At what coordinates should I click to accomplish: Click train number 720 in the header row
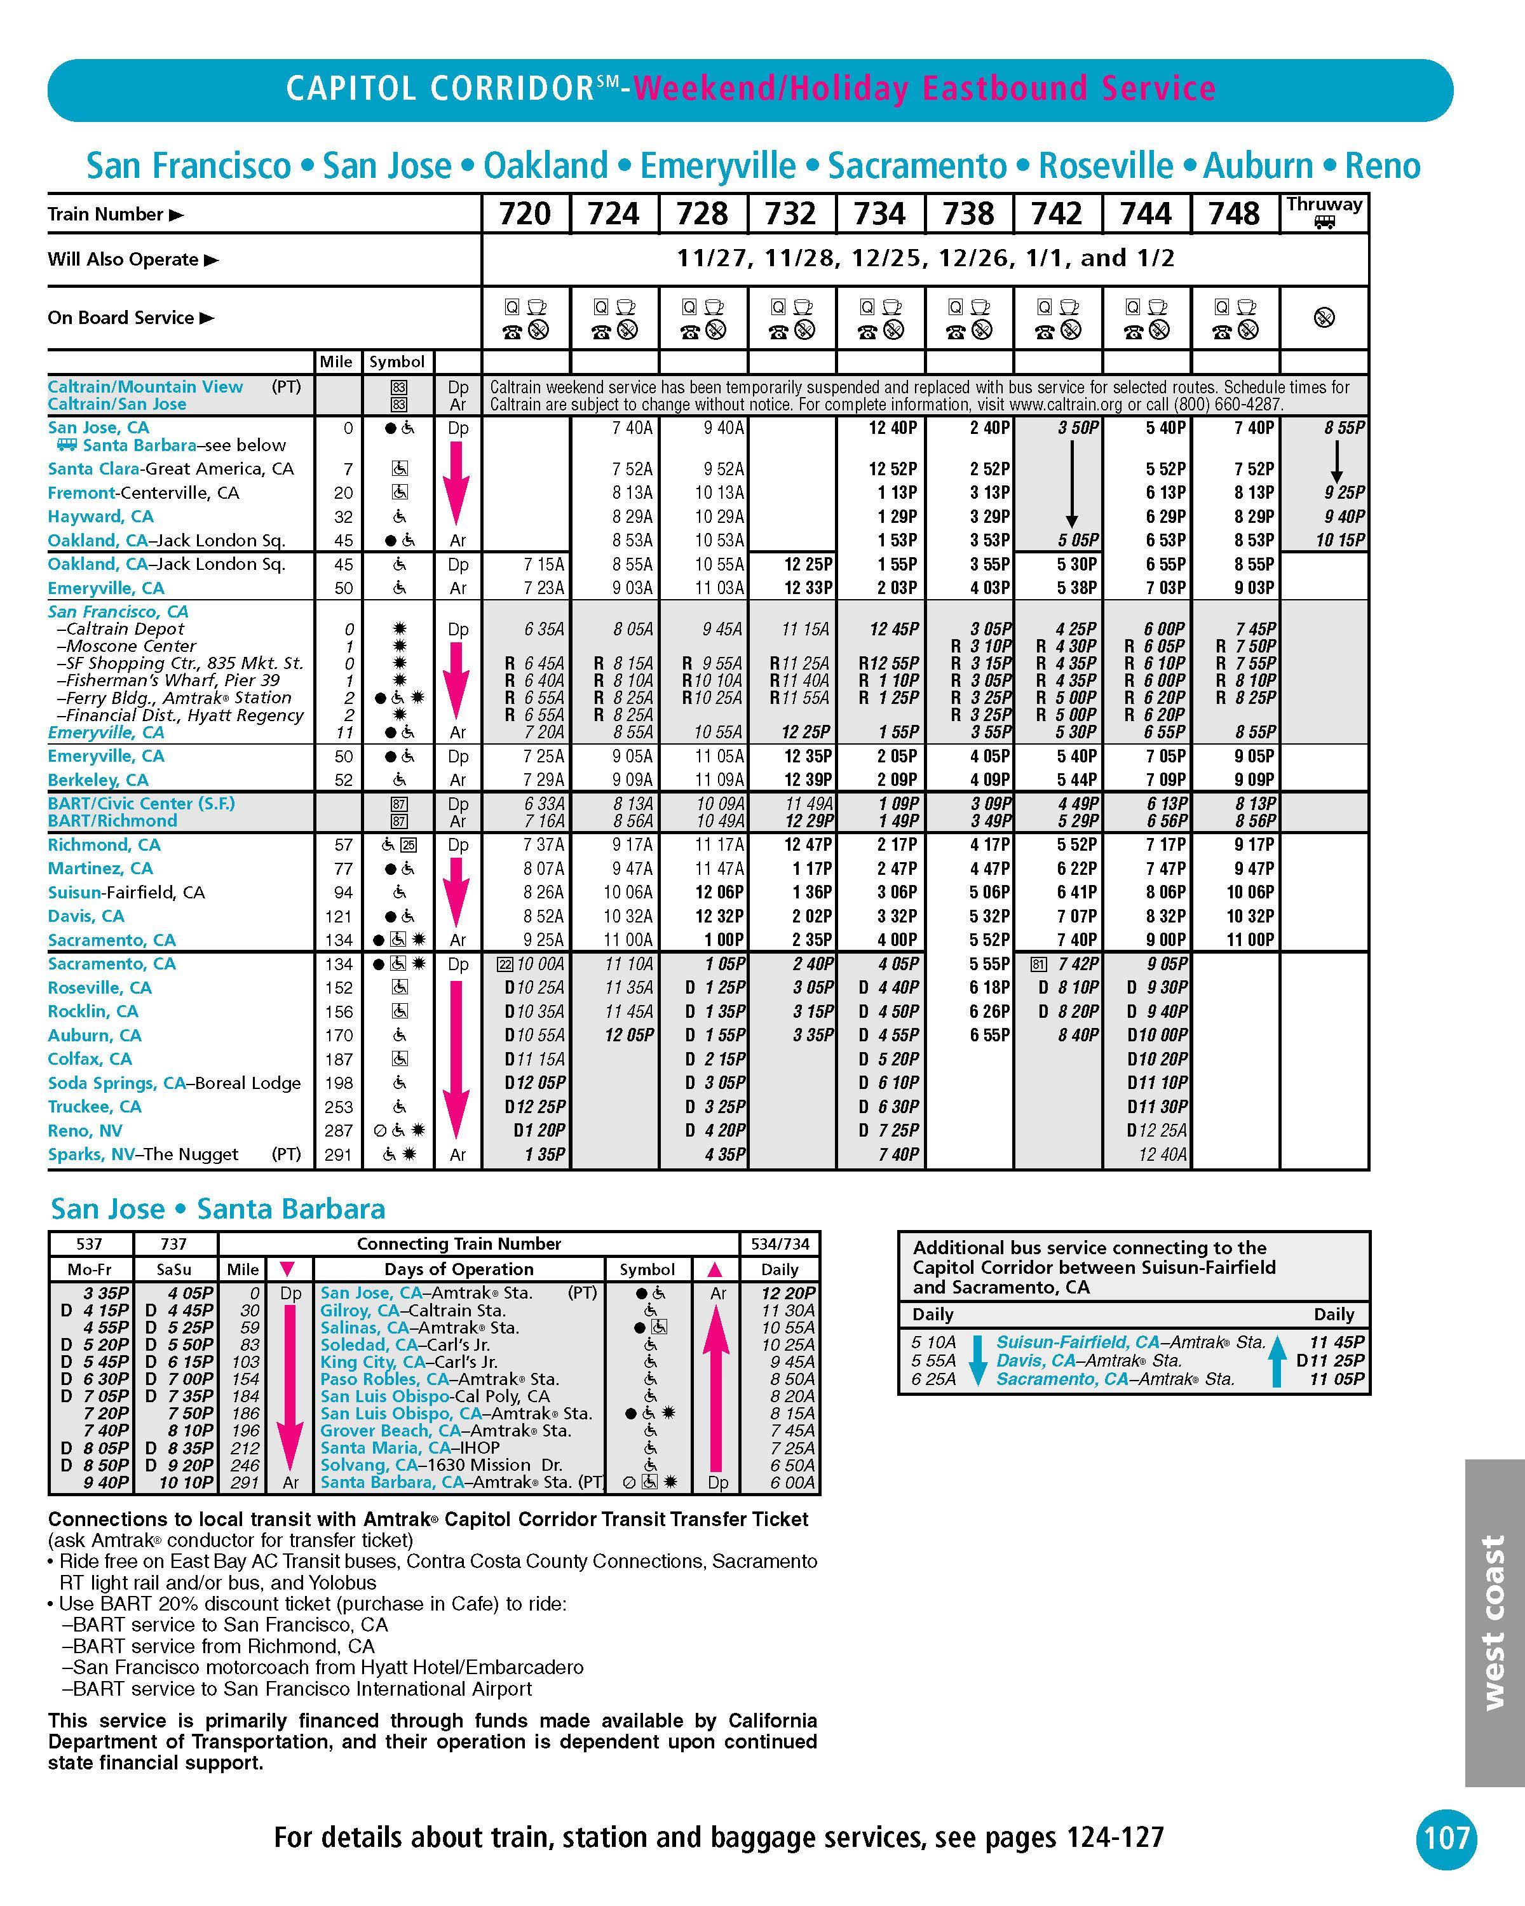[525, 214]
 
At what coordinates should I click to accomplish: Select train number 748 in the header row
[1234, 214]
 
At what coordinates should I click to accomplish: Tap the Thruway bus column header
[1324, 212]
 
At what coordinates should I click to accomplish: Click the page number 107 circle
[1446, 1839]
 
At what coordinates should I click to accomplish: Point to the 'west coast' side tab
[1493, 1622]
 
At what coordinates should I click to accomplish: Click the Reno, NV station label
[85, 1131]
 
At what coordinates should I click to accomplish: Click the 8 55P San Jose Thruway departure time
[1344, 428]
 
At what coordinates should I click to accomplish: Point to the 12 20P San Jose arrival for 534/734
[789, 1294]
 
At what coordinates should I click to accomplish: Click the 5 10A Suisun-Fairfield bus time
[933, 1342]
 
